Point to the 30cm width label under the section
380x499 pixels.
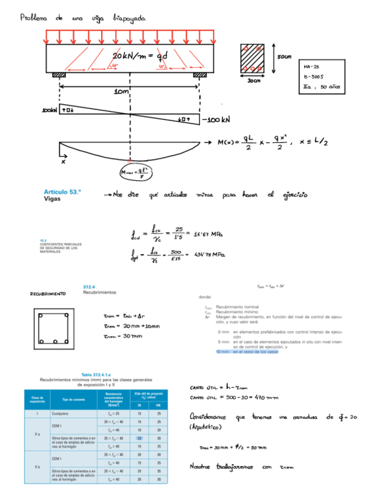pyautogui.click(x=254, y=81)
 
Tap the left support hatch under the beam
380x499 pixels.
pyautogui.click(x=59, y=75)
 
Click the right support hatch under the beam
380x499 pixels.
pyautogui.click(x=200, y=75)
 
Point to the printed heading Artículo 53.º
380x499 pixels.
pyautogui.click(x=62, y=192)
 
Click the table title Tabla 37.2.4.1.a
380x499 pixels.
pyautogui.click(x=96, y=374)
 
